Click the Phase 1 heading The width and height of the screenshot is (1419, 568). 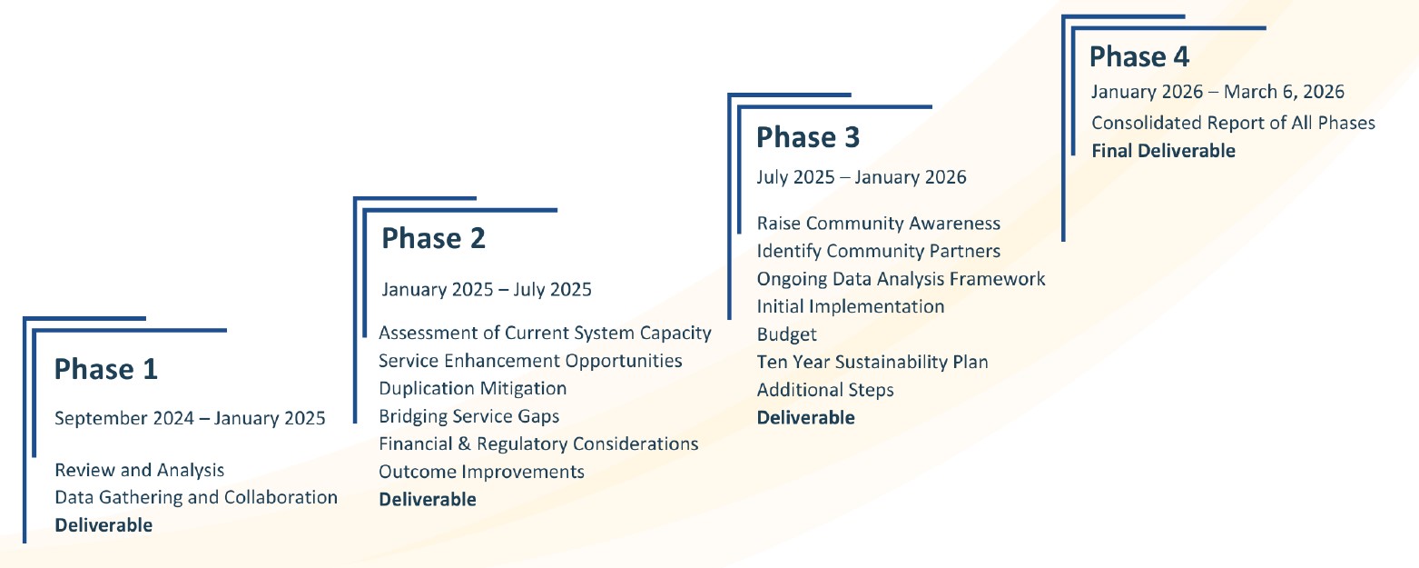click(x=106, y=369)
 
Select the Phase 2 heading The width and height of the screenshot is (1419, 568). click(x=433, y=238)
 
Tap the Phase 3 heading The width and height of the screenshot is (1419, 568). click(x=808, y=137)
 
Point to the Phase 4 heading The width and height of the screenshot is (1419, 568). click(x=1139, y=56)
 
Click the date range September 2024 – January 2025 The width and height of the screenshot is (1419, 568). click(x=190, y=418)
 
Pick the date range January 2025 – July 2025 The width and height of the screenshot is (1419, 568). click(x=487, y=290)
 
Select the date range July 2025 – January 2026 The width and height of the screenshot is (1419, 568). click(x=862, y=177)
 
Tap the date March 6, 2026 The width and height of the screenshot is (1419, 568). click(x=1284, y=92)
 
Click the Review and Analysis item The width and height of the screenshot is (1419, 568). click(x=140, y=470)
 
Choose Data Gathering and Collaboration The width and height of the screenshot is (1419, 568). click(x=196, y=497)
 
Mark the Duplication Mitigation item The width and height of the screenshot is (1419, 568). click(x=473, y=388)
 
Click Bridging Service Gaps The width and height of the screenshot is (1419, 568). click(x=468, y=416)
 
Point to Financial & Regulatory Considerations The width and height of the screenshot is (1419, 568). click(x=538, y=443)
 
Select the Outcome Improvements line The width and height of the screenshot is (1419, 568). click(x=481, y=472)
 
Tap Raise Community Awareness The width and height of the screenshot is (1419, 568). click(x=879, y=224)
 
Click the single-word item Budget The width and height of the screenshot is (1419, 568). click(x=787, y=334)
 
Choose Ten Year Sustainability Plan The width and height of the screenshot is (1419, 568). click(x=872, y=362)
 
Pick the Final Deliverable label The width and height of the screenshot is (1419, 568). click(x=1163, y=151)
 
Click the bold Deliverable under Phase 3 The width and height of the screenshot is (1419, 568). click(x=806, y=418)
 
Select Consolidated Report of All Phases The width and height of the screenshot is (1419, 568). click(x=1234, y=123)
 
